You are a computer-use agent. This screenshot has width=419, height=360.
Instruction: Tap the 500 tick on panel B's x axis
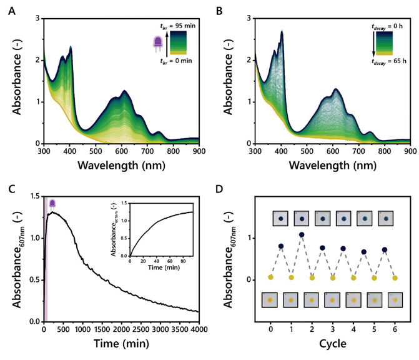click(x=306, y=152)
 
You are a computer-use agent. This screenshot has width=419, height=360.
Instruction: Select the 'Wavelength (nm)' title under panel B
click(x=332, y=166)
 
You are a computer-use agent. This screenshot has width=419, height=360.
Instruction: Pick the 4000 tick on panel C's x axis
click(x=199, y=330)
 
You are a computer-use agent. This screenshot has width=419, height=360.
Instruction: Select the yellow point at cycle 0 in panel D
click(x=270, y=277)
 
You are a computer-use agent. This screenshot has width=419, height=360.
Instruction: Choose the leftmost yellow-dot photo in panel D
click(x=270, y=300)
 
